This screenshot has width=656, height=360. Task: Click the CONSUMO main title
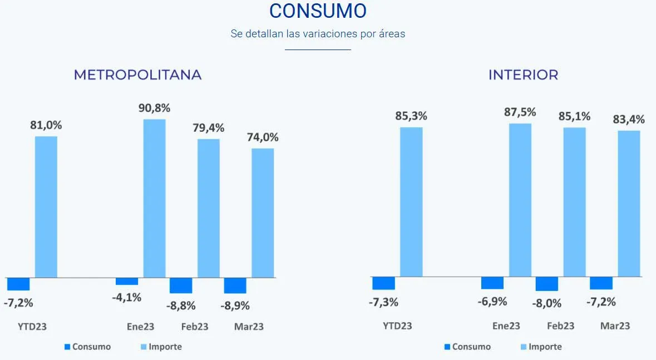click(x=318, y=11)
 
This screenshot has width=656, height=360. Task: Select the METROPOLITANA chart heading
click(x=137, y=75)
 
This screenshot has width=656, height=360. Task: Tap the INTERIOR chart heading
click(x=523, y=75)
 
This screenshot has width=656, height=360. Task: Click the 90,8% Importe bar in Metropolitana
click(x=155, y=198)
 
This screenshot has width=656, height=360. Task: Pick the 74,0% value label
click(x=263, y=137)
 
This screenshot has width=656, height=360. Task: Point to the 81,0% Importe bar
click(x=46, y=206)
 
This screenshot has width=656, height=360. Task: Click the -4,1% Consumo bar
click(x=127, y=281)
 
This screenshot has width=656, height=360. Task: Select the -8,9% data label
click(x=235, y=305)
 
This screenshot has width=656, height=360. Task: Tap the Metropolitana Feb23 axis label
click(x=195, y=327)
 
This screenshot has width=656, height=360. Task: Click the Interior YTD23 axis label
click(x=397, y=326)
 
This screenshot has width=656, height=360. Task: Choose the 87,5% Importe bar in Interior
click(x=520, y=200)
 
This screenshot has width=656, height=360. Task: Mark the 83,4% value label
click(x=629, y=119)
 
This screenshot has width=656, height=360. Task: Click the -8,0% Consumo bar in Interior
click(x=547, y=284)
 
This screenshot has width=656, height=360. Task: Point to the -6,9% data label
click(x=492, y=302)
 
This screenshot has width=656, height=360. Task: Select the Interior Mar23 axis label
click(x=615, y=326)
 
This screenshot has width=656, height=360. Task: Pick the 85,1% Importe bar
click(x=575, y=202)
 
